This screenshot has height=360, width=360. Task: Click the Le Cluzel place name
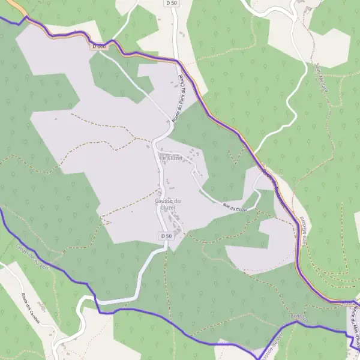point(170,157)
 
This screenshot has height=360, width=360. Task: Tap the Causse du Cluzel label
point(168,204)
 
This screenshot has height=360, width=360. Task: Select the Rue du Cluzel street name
point(235,208)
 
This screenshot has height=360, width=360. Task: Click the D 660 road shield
point(99,46)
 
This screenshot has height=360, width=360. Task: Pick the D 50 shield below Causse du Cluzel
point(166,236)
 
